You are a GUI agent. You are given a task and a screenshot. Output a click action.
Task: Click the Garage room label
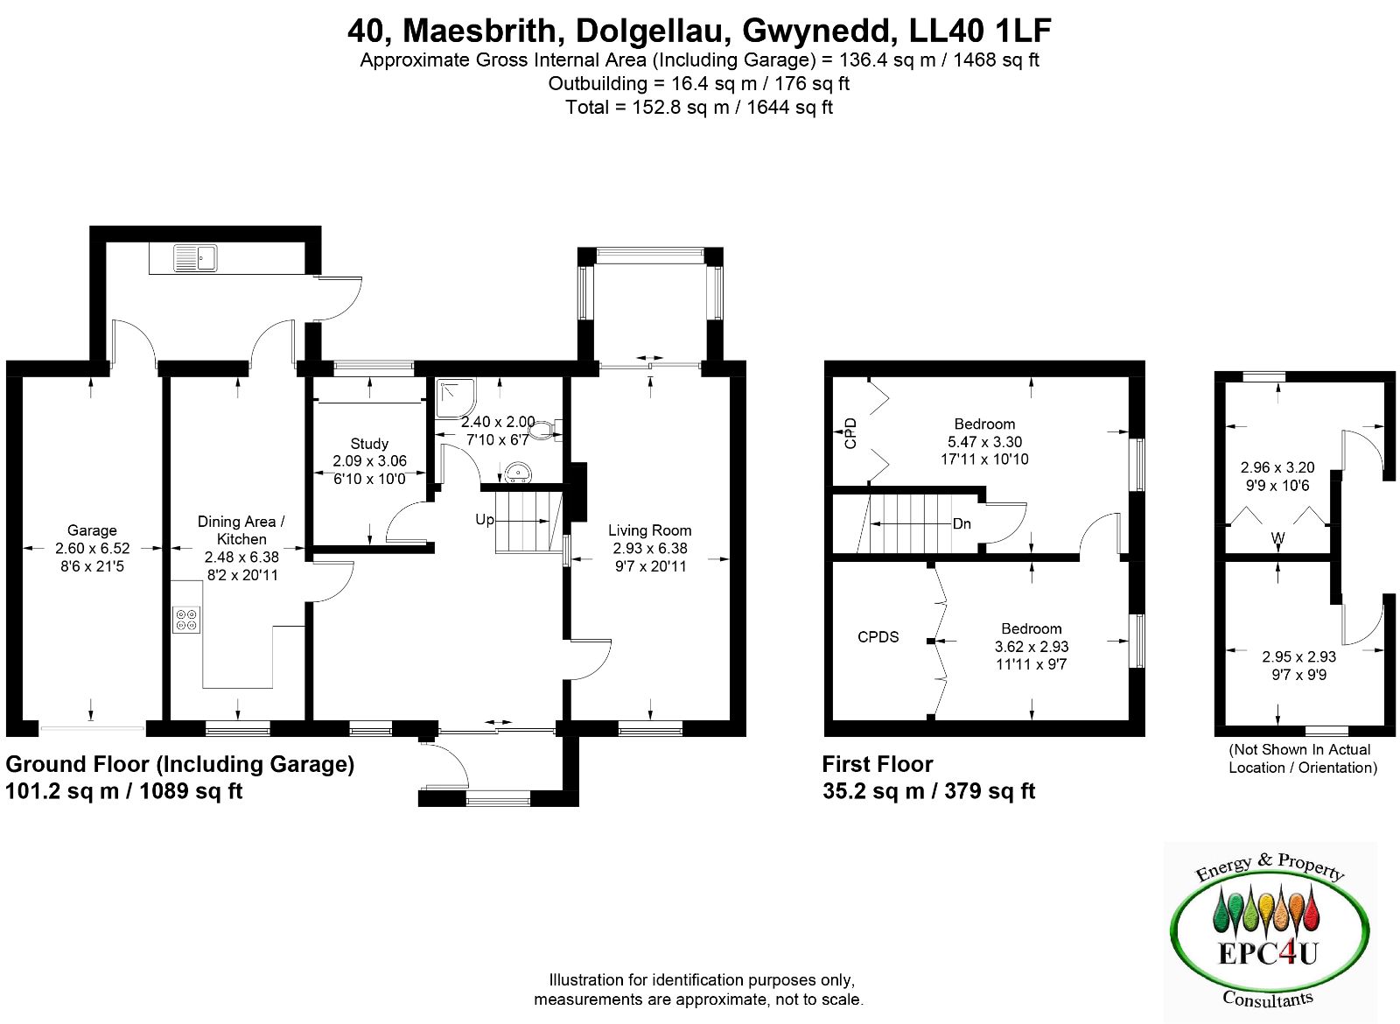coord(92,530)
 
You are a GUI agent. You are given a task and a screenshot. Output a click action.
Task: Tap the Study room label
coord(369,443)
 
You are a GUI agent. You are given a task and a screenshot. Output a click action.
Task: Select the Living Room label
coord(650,530)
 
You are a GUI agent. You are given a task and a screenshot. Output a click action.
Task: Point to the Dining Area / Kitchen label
coord(241,530)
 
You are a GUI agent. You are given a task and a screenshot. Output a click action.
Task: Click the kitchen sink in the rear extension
coord(195,258)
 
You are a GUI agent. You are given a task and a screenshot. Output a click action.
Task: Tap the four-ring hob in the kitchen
coord(187,620)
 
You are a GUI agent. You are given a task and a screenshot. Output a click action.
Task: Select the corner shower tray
coord(456,398)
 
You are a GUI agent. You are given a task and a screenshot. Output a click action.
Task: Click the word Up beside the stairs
coord(485,520)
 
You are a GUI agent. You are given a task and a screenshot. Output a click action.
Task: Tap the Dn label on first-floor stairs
coord(962,523)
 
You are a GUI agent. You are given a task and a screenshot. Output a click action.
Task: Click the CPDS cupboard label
coord(878,636)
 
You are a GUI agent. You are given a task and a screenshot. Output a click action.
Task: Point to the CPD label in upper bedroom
coord(850,432)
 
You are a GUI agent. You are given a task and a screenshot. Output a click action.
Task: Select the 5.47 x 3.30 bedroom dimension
coord(984,441)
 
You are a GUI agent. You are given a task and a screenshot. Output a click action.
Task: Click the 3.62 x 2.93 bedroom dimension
coord(1032,646)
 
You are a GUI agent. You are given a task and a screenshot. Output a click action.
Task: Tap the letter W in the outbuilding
coord(1277,537)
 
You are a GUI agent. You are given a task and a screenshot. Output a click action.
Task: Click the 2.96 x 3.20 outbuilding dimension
coord(1277,467)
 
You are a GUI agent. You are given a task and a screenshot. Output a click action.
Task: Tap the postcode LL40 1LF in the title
coord(979,31)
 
